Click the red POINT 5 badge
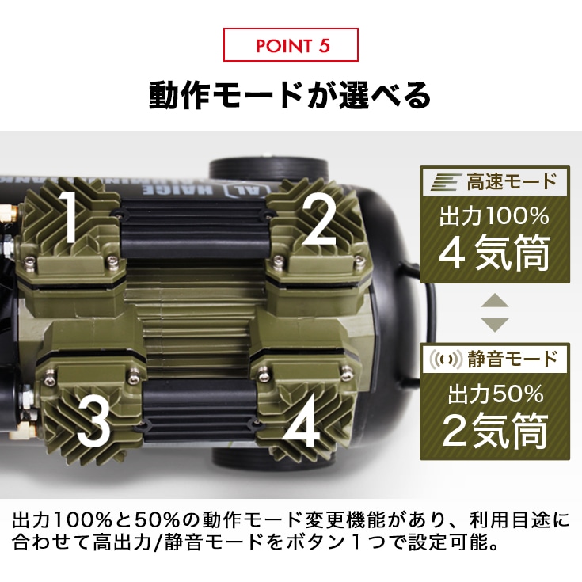click(291, 45)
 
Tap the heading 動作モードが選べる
click(291, 95)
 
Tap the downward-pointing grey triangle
click(496, 323)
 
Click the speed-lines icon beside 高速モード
click(443, 183)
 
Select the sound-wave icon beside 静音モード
click(444, 359)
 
